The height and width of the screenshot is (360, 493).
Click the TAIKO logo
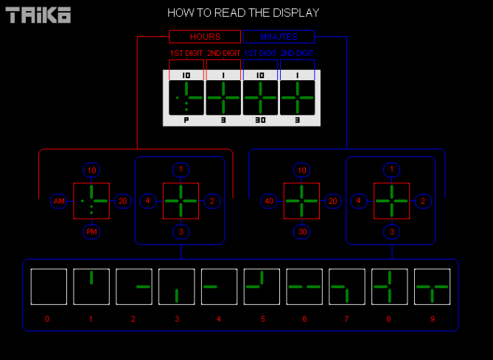(39, 15)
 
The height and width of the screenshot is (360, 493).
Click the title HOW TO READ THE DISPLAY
(243, 13)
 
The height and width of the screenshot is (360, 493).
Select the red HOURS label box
(205, 37)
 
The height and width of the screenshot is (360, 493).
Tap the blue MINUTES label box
(279, 37)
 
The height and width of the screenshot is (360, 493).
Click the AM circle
(59, 201)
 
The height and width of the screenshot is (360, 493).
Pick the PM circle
(91, 232)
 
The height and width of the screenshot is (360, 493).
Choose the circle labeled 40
(269, 201)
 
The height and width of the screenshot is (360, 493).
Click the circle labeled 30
(301, 232)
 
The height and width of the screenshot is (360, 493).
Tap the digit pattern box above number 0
(49, 286)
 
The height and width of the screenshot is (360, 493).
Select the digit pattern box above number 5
(262, 286)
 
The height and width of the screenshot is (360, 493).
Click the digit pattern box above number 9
(432, 286)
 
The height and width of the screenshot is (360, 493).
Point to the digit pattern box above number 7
(347, 286)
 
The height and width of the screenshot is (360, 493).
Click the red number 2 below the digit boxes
(133, 320)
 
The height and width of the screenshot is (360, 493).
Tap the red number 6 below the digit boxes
(304, 320)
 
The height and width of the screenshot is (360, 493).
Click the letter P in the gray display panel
(186, 120)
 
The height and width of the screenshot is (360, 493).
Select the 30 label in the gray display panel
(261, 120)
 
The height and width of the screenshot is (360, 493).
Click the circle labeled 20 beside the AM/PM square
(123, 201)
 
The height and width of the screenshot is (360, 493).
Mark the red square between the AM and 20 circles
(91, 201)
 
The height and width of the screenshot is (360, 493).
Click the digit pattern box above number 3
(177, 286)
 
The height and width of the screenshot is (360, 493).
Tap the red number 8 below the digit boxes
(389, 320)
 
